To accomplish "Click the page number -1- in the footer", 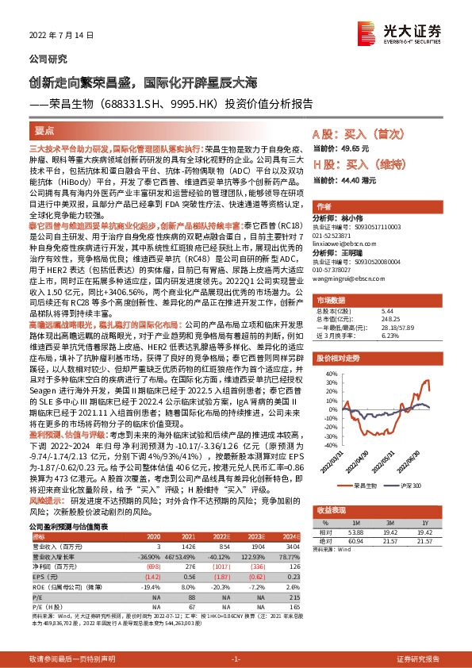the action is click(236, 659).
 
